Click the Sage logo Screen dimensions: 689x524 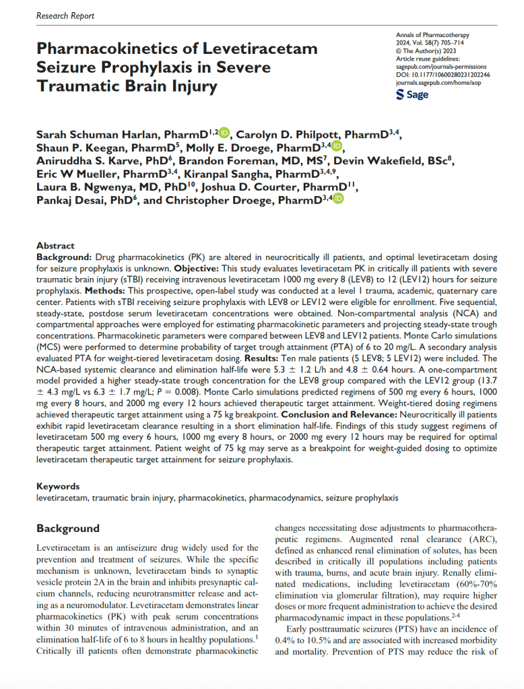(x=412, y=95)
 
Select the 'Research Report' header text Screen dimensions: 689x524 (x=65, y=15)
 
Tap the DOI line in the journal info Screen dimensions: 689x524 (x=443, y=75)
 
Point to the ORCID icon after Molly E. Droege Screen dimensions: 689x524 (x=337, y=147)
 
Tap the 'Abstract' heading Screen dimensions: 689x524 (x=56, y=246)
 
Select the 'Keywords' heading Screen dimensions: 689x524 (x=58, y=486)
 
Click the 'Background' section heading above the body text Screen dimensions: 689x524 (x=68, y=528)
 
